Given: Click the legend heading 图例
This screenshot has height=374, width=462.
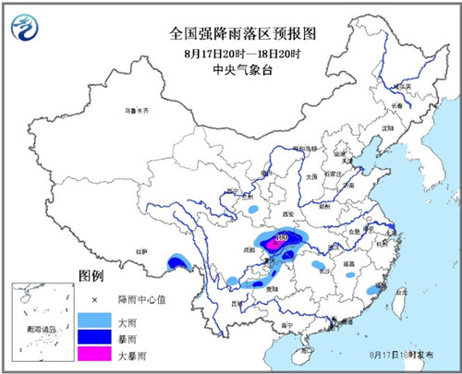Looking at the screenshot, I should click(x=91, y=276).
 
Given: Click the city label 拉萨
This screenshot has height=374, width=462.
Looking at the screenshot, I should click(x=142, y=250).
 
